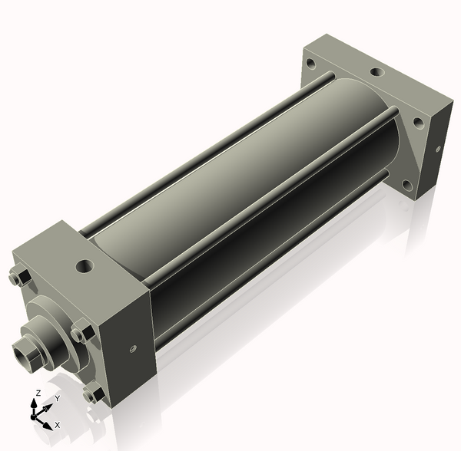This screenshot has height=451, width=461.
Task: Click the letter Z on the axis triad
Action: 38,393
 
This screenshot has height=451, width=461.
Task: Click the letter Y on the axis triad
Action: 57,399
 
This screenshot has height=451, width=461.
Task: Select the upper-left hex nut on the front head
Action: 21,277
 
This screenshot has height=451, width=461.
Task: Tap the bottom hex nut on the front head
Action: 95,395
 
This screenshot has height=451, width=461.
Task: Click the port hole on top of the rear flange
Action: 376,72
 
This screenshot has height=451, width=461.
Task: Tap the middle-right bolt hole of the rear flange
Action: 419,121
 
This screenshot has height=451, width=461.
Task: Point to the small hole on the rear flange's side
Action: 438,146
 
